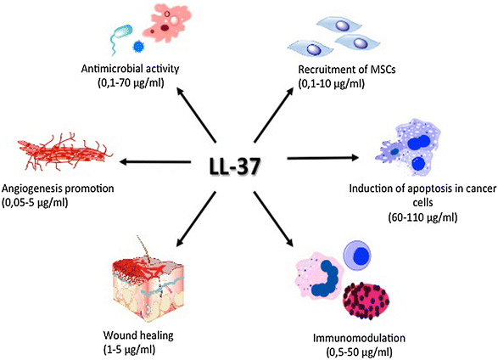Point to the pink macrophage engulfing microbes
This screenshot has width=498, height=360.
[x=178, y=30]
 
